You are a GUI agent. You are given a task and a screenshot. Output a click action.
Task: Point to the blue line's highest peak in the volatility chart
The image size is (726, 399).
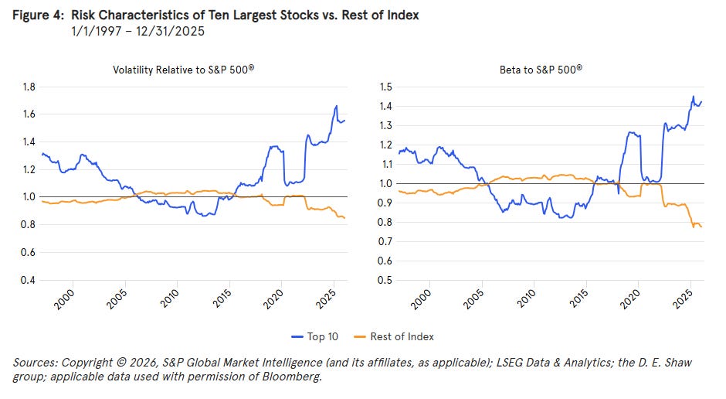pos(336,106)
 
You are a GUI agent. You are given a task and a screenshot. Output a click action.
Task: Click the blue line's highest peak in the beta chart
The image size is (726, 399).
pos(692,97)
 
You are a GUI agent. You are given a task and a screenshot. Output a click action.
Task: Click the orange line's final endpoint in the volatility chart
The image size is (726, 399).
pos(344,218)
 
